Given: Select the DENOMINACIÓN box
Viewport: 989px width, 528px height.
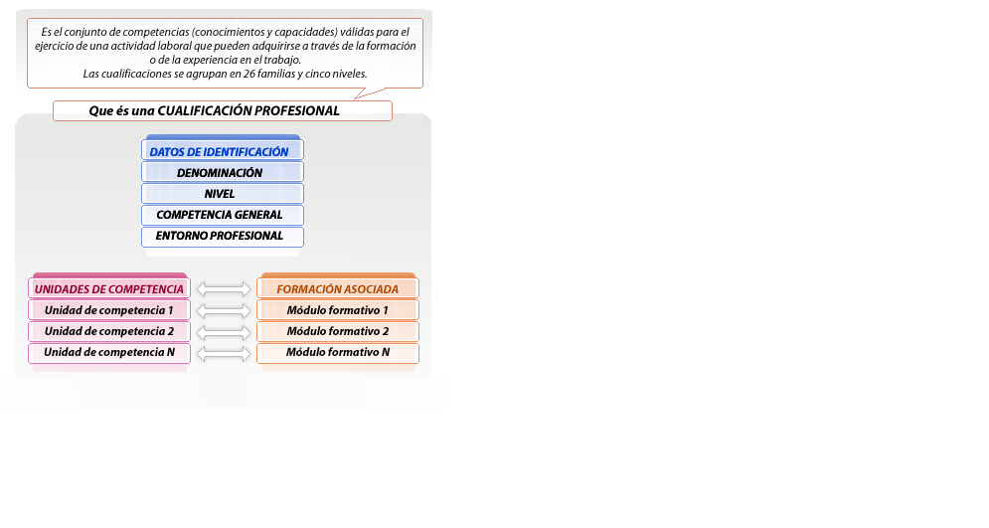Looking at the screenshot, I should click(x=222, y=172).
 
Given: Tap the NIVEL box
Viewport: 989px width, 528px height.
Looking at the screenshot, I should click(x=222, y=194).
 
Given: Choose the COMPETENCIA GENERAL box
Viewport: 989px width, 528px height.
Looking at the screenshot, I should click(x=222, y=215).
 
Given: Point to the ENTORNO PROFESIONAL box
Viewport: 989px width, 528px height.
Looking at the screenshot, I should click(x=222, y=237).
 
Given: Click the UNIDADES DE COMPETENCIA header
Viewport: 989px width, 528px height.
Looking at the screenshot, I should click(x=109, y=289).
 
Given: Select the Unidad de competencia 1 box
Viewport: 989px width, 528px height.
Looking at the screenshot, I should click(x=109, y=310).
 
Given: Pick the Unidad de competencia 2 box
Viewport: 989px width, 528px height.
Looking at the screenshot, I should click(x=109, y=331).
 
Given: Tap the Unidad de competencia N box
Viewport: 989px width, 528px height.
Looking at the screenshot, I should click(x=109, y=353).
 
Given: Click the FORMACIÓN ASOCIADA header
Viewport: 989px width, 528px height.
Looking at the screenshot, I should click(x=338, y=289).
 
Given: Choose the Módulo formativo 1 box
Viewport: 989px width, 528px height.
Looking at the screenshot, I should click(x=338, y=310).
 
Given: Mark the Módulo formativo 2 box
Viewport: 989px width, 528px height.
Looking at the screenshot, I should click(x=338, y=331).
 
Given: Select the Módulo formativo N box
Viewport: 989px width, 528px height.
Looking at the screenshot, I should click(x=338, y=353).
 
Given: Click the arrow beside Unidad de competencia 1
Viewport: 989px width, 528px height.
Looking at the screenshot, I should click(x=224, y=310).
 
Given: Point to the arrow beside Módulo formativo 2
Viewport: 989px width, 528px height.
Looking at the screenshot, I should click(x=224, y=331).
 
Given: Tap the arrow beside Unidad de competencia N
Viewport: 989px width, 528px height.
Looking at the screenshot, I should click(x=224, y=353).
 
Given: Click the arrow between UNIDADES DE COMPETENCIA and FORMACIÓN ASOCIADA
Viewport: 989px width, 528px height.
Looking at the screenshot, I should click(x=224, y=289).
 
